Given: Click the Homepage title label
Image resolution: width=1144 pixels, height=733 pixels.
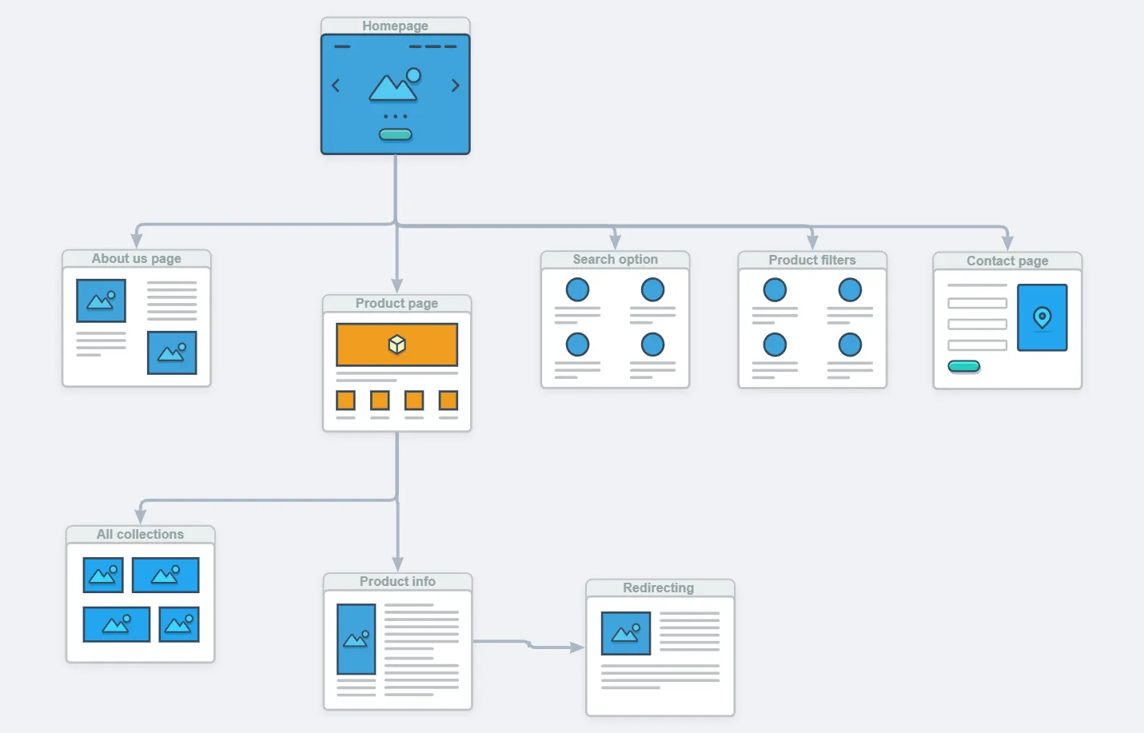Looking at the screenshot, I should coord(395,26).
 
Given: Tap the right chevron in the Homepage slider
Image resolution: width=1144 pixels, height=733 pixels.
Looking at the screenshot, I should coord(456,86).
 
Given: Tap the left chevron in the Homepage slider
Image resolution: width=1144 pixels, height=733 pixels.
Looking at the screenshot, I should coord(336,86).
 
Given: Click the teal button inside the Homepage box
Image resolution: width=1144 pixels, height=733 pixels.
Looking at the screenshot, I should coord(395,134).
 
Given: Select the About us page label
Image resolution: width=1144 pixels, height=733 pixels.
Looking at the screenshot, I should coord(136,258).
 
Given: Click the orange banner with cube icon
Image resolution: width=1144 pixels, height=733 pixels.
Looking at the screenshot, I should coord(397,345).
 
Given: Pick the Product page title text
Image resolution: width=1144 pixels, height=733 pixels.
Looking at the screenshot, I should coord(397,303).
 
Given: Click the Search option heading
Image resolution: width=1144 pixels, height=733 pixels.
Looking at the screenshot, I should coord(615,259).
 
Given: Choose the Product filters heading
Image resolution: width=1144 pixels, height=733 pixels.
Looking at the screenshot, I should coord(811,260).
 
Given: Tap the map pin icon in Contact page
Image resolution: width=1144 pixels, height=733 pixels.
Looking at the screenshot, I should coord(1042,317).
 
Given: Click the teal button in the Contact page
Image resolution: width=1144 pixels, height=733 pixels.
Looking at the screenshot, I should coord(963,366).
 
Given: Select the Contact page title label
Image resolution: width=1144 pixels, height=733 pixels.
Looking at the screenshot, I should coord(1006,261).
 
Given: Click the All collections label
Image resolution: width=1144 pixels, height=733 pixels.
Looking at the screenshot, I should coord(140,534).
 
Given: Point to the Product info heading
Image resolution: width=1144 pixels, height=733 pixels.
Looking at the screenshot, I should coord(397,581).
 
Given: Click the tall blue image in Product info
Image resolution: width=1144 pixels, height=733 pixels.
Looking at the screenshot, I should coord(356,639).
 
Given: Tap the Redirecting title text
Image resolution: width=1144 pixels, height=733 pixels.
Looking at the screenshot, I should coord(658,588).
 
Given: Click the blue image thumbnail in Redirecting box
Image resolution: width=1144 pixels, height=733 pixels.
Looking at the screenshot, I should coord(625,633).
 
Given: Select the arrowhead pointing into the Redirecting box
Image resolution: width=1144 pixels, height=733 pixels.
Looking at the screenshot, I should coord(577,647).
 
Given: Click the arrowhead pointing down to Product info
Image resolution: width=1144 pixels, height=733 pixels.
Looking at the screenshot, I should coord(397,564).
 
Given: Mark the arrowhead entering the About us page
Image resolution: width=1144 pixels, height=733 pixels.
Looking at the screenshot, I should coord(137,240).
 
